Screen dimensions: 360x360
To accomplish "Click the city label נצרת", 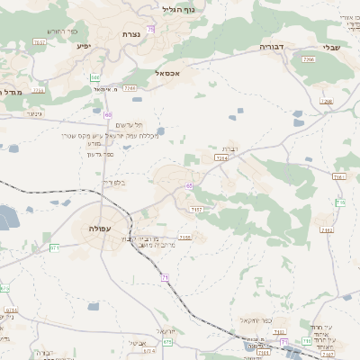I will pos(131,34).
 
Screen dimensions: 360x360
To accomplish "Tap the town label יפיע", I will pos(84,47).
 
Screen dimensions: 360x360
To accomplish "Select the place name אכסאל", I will pos(167,73).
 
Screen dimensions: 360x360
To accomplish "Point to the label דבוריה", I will pos(271,45).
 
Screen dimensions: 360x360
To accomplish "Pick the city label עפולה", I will pos(101,229).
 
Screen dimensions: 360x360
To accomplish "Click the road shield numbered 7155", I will pos(184,238).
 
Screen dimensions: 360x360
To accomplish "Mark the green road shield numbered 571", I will pos(54,247).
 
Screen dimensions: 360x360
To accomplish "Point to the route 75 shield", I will pos(150,30).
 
